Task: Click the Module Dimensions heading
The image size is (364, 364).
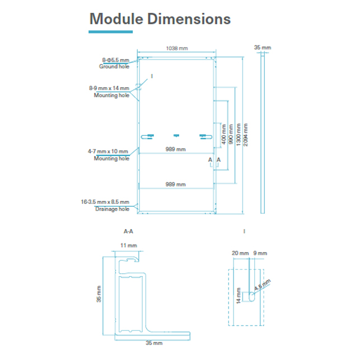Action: (160, 19)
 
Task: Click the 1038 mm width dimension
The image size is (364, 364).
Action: (177, 49)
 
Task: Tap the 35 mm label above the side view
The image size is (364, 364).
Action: (262, 48)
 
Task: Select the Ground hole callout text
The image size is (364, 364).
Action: (114, 67)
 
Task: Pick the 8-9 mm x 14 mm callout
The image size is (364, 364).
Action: (109, 88)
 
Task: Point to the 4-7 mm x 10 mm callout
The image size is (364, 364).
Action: (109, 151)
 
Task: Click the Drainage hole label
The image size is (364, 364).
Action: (112, 209)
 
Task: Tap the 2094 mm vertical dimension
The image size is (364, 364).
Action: (247, 134)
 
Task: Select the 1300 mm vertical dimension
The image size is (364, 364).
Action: (239, 134)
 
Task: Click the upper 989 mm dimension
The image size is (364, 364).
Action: (175, 150)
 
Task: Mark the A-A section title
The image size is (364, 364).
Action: (128, 230)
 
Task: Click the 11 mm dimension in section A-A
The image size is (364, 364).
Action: (129, 245)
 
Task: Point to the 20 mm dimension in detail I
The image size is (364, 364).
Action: (240, 253)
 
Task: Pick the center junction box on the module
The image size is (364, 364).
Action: (176, 135)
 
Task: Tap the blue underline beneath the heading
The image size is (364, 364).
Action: (111, 32)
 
